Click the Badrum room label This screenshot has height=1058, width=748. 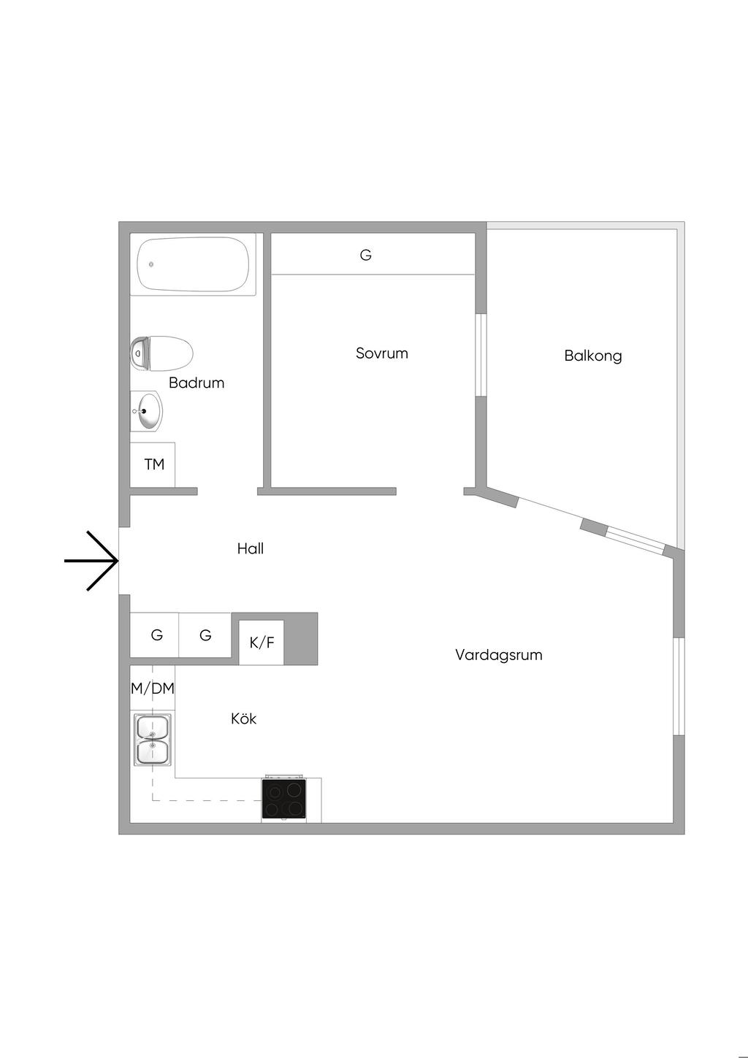196,383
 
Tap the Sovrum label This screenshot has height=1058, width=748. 381,353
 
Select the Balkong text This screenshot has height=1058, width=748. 592,356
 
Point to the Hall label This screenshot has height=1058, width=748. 250,548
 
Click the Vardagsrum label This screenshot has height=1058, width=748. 498,655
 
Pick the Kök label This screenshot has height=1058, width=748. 243,718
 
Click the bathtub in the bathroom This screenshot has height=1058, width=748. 194,264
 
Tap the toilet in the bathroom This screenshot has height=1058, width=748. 162,353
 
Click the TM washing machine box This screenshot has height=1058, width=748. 153,464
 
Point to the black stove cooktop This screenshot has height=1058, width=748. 284,799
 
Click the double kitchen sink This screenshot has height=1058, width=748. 152,740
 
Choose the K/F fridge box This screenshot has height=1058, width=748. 262,643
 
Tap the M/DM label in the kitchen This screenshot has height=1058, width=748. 153,688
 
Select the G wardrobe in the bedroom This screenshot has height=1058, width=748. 366,255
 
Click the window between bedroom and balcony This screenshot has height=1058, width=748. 480,355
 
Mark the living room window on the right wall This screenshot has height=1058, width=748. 679,686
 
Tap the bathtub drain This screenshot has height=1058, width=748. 151,264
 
